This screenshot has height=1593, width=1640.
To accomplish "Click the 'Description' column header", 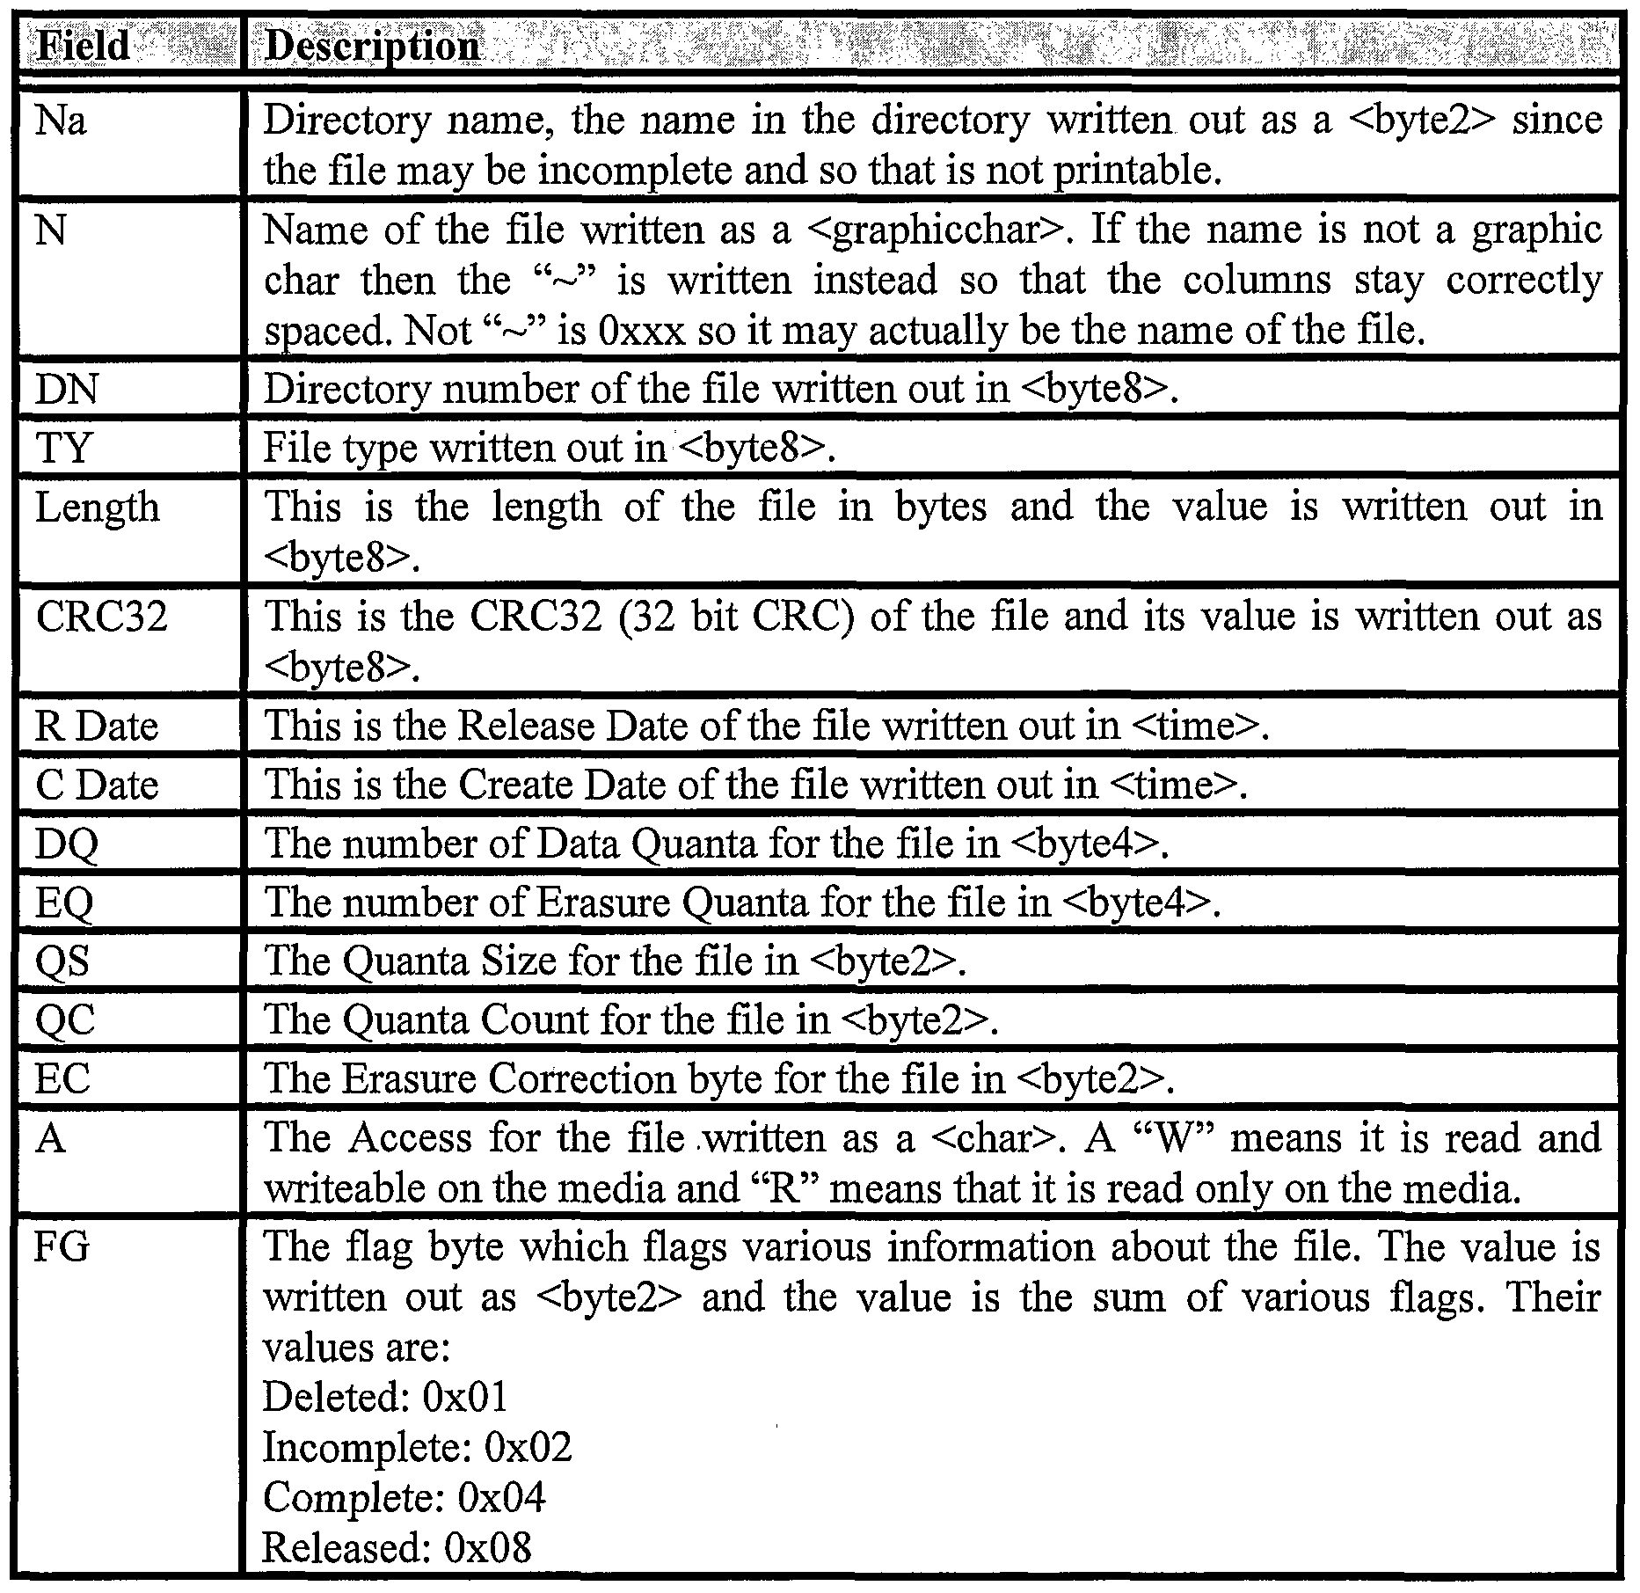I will coord(372,45).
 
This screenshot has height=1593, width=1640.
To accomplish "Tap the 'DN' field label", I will coord(67,389).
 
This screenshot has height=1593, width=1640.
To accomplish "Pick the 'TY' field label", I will coord(63,448).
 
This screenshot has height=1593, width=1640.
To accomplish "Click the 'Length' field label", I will coord(97,508).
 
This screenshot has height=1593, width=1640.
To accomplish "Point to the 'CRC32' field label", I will coord(101,617).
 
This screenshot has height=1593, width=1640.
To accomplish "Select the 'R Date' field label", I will coord(97,727).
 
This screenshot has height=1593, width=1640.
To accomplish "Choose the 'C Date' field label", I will coord(97,785).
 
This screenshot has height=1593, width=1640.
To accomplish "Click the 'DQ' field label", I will coord(67,844).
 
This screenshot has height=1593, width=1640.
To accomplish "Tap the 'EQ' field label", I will coord(64,902).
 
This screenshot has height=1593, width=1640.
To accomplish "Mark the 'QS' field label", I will coord(62,961).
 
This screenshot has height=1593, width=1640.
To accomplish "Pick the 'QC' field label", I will coord(64,1020).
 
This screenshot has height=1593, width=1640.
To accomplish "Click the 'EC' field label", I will coord(62,1078).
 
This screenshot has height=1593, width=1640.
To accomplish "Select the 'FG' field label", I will coord(62,1247).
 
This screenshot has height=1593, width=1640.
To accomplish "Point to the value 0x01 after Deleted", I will coord(465,1397).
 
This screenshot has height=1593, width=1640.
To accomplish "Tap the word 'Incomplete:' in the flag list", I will coord(368,1447).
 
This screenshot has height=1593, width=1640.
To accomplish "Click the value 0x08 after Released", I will coord(488,1548).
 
